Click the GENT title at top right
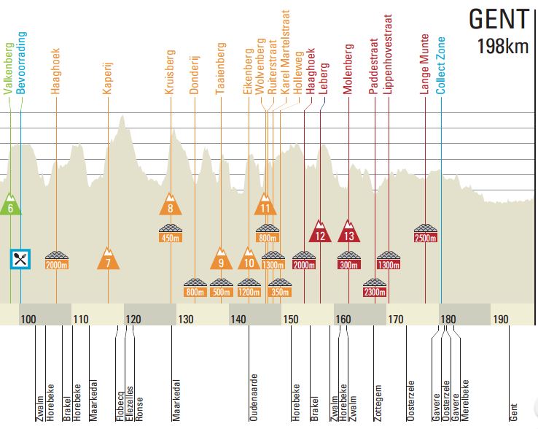[498, 20]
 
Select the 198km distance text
[502, 47]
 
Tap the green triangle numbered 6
[10, 205]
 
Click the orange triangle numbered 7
[108, 260]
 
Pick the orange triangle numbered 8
[170, 205]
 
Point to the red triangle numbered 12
[319, 232]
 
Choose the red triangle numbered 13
[349, 232]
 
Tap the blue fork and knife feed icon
[20, 258]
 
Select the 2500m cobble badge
[425, 233]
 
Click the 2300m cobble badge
[374, 287]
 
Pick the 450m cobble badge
[170, 233]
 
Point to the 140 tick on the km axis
[238, 320]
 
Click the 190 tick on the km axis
[500, 320]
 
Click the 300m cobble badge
[349, 260]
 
